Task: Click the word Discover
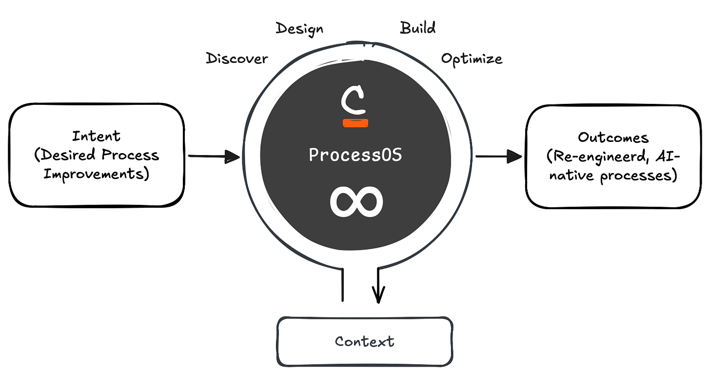pos(237,59)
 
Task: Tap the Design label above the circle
pos(299,29)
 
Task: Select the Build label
pos(418,28)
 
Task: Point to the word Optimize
pos(472,59)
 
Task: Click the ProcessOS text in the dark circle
pos(355,155)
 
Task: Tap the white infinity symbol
pos(356,202)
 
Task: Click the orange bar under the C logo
pos(355,123)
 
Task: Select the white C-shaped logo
pos(354,100)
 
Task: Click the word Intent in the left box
pos(97,137)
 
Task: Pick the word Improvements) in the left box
pos(97,175)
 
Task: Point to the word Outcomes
pos(613,138)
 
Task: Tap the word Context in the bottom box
pos(365,342)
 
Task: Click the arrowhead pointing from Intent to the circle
pos(232,157)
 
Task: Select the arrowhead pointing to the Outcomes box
pos(514,157)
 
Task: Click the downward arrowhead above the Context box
pos(378,295)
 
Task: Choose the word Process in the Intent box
pos(130,155)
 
